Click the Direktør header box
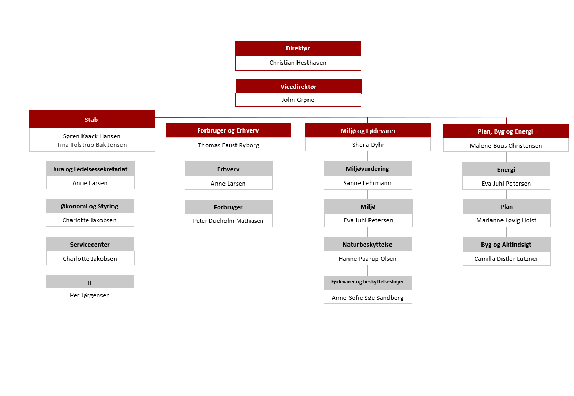point(298,48)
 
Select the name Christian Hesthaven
point(298,63)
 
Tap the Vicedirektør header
point(299,86)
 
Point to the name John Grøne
point(298,100)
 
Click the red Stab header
point(91,119)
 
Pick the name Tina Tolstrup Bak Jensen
point(92,145)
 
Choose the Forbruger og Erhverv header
point(228,130)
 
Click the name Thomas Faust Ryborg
point(229,145)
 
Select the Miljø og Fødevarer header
point(368,131)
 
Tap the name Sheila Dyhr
point(368,145)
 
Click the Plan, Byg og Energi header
point(506,131)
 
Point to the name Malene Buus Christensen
point(506,146)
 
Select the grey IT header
point(90,282)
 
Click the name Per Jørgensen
point(90,295)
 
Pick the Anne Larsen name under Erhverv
point(228,184)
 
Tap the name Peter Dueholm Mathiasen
point(228,221)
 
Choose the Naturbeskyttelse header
point(367,245)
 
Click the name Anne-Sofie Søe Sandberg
point(367,298)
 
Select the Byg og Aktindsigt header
point(506,245)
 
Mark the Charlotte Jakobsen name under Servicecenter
point(90,259)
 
